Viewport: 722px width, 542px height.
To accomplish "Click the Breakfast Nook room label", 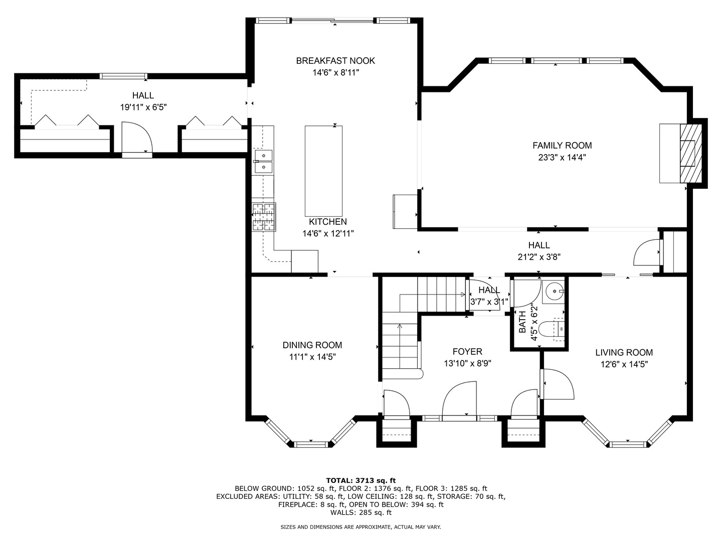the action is coord(335,61).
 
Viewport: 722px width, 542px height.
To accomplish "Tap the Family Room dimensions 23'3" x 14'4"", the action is coord(562,158).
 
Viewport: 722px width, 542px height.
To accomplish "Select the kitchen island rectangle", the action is coord(323,171).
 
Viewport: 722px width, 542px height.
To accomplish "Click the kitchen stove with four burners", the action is coord(263,217).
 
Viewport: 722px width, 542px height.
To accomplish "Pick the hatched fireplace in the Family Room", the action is coord(690,154).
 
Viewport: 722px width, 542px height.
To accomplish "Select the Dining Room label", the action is coord(312,345).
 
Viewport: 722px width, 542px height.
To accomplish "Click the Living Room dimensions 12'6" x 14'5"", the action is coord(624,364).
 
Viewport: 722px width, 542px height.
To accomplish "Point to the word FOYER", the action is coord(467,352).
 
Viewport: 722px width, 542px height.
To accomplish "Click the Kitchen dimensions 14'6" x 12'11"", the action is coord(328,234).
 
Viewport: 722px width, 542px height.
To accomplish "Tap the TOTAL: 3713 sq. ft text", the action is coord(361,481).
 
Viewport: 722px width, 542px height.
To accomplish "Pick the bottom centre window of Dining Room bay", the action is coord(311,445).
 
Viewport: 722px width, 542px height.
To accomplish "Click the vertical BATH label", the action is coord(522,322).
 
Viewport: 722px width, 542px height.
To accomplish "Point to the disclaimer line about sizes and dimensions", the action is coord(360,527).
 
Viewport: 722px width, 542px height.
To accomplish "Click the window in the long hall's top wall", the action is coord(123,76).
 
